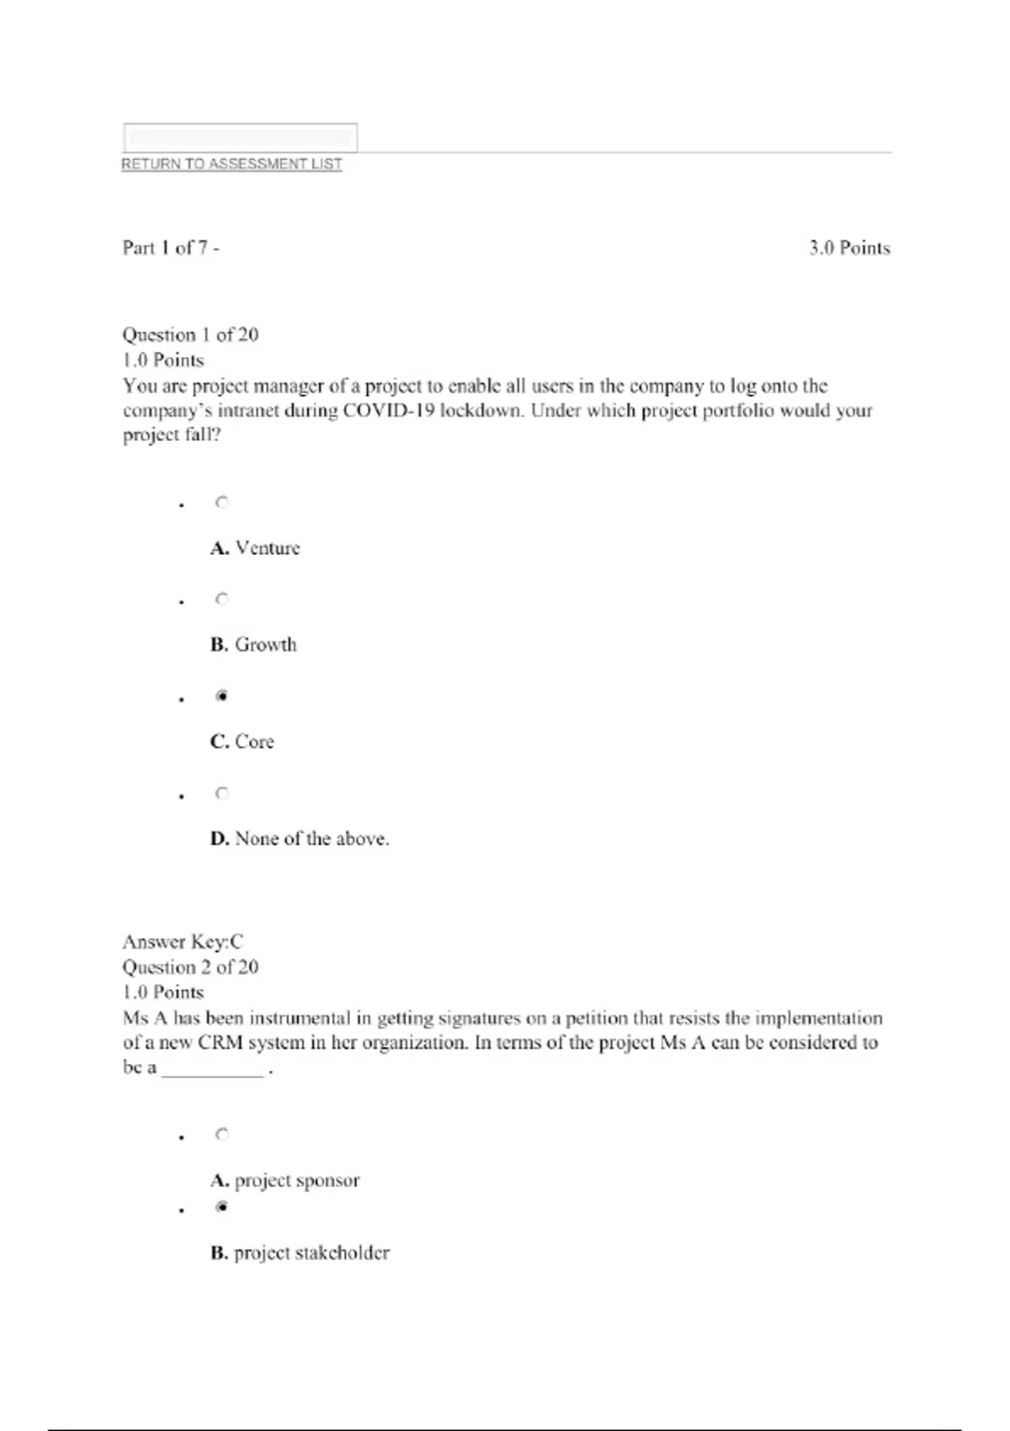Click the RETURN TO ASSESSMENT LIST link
tap(231, 164)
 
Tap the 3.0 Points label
tap(849, 248)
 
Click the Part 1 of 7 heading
tap(170, 247)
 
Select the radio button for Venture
tap(222, 503)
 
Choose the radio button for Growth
tap(222, 599)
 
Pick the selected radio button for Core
tap(222, 696)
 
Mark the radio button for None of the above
tap(222, 793)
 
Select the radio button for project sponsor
tap(222, 1135)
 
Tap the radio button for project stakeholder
tap(222, 1207)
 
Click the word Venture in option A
tap(268, 548)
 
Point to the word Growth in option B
tap(266, 645)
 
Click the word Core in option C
tap(254, 742)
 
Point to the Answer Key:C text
tap(183, 942)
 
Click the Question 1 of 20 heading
tap(190, 335)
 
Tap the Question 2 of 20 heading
tap(190, 967)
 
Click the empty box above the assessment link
tap(240, 137)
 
